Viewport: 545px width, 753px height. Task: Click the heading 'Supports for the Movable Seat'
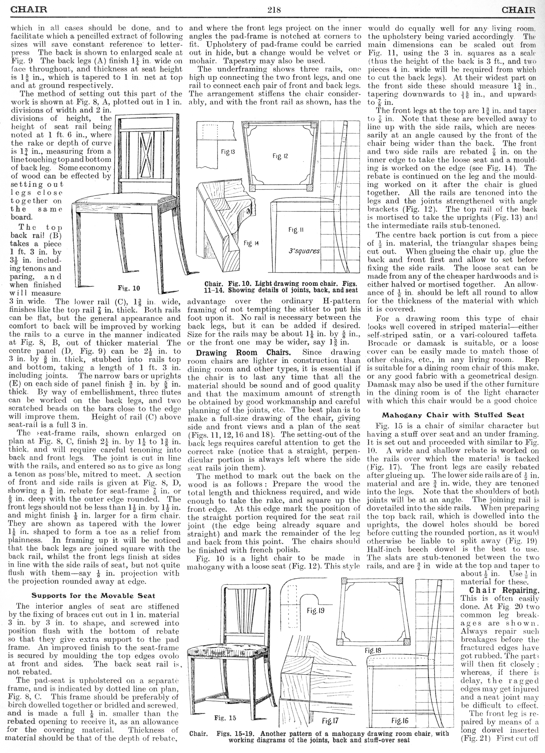click(93, 596)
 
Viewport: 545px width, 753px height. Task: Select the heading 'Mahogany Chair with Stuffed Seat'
click(453, 415)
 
